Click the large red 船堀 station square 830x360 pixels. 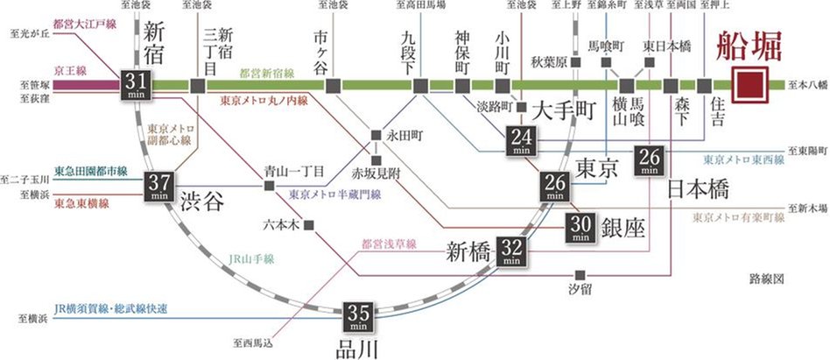[x=752, y=85]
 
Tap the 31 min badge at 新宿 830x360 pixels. [x=139, y=85]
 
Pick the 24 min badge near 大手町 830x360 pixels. [x=523, y=141]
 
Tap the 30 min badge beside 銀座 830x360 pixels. [x=580, y=228]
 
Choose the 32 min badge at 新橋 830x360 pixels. [x=511, y=251]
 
